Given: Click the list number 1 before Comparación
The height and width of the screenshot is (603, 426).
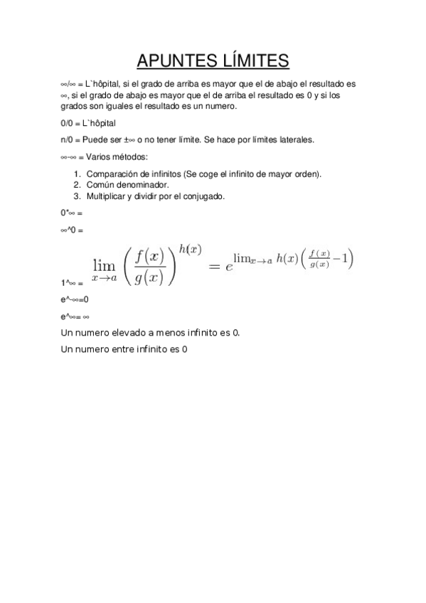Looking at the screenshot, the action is pyautogui.click(x=76, y=174).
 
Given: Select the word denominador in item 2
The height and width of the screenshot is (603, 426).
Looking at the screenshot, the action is pyautogui.click(x=141, y=185).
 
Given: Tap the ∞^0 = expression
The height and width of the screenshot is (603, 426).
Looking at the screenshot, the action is pyautogui.click(x=72, y=230).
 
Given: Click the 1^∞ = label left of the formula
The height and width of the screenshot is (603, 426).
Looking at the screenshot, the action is pyautogui.click(x=72, y=282).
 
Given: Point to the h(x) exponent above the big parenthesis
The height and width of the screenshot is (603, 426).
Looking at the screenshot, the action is pyautogui.click(x=190, y=249).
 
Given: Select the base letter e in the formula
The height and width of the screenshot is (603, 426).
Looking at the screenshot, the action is pyautogui.click(x=229, y=267).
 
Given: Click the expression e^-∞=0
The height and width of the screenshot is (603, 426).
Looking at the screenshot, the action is pyautogui.click(x=75, y=299).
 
